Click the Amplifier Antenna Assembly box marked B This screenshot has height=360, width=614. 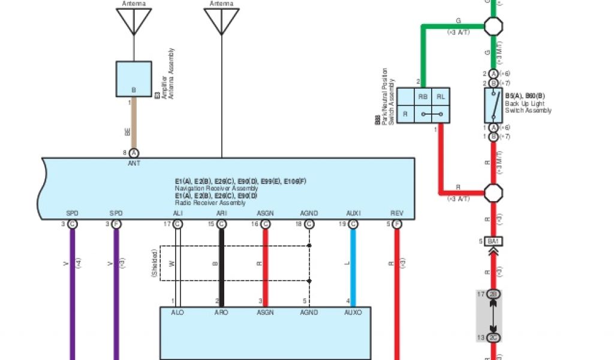coord(133,79)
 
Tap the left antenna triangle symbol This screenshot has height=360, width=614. coord(133,20)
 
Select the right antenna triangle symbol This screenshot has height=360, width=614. coord(221,20)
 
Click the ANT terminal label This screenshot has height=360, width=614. coord(134,163)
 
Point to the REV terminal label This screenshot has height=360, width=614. coord(397,214)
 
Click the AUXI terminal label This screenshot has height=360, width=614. coord(353,214)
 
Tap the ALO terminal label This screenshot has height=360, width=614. coord(177,313)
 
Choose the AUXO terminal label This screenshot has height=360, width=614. coord(353,313)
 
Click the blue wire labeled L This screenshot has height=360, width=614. coord(353,264)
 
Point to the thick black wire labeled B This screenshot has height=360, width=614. coord(221,264)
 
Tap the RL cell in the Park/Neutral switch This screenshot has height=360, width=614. coord(441,97)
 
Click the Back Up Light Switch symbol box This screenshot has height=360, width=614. coord(493,106)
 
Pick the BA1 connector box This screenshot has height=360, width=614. coord(493,241)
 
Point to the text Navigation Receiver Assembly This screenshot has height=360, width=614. coord(216,188)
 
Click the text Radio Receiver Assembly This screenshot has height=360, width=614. coord(210,203)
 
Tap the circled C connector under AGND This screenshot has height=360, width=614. coord(309,224)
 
